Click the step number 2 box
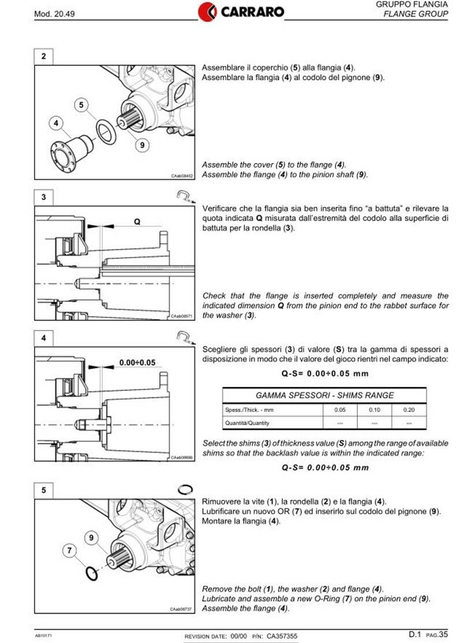click(x=44, y=57)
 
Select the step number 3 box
click(x=44, y=198)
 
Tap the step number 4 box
click(x=44, y=338)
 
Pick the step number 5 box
click(x=44, y=490)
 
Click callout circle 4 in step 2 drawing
click(x=56, y=123)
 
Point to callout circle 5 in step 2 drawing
click(x=81, y=105)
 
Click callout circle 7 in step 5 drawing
click(x=70, y=549)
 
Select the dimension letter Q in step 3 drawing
click(x=137, y=221)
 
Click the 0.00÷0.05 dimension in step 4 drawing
click(x=137, y=362)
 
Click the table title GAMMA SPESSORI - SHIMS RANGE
click(x=325, y=396)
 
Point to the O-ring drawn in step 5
click(x=91, y=572)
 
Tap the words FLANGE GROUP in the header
click(x=416, y=14)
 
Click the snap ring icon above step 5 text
click(x=185, y=489)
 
